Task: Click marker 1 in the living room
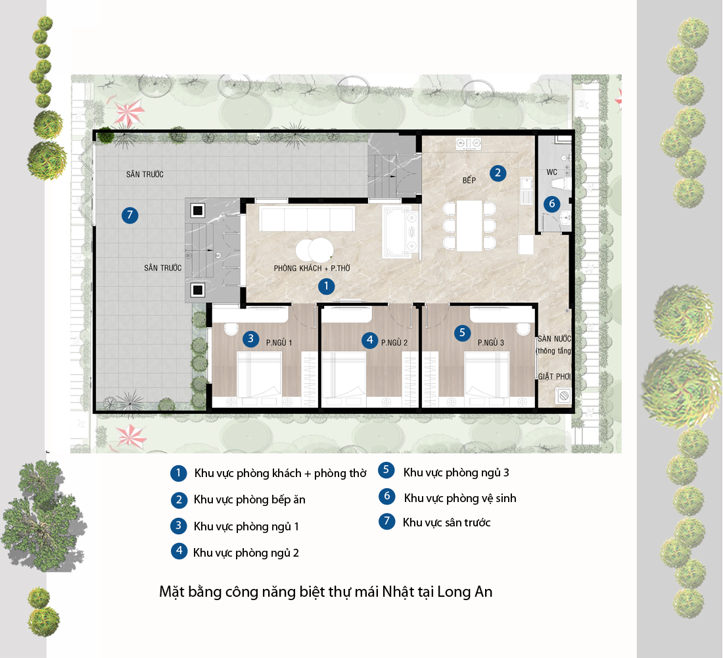327,286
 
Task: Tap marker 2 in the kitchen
498,173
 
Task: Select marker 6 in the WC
551,203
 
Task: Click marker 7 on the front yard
130,215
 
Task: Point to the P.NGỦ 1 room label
279,343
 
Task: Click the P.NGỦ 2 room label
394,343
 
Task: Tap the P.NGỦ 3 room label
490,343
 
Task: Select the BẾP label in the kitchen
469,180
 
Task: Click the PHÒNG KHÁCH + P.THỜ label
312,268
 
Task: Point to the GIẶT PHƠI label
554,376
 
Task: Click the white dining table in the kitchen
469,226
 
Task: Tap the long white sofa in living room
307,218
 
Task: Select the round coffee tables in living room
314,250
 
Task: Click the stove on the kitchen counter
469,143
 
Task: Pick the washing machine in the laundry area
563,395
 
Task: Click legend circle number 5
386,470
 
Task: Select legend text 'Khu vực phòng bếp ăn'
250,499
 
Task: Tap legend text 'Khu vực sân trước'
447,522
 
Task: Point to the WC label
552,172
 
